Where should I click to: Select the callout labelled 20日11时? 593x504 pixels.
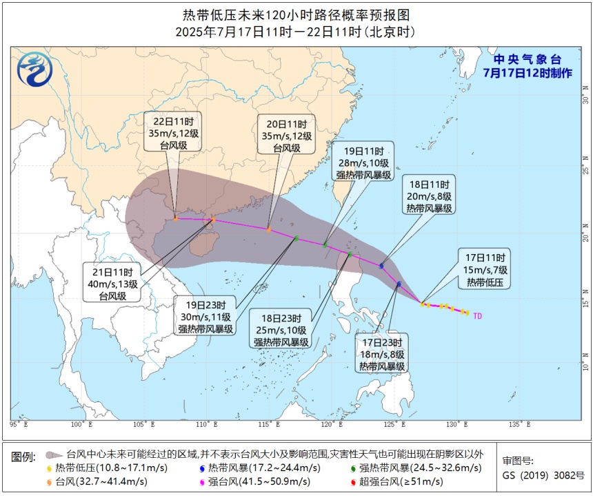click(286, 134)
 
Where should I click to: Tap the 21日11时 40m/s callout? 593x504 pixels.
click(112, 282)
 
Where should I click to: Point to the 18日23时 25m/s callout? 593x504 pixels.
click(282, 330)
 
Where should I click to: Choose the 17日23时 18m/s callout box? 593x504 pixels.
click(381, 353)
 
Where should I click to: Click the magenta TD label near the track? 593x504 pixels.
click(477, 315)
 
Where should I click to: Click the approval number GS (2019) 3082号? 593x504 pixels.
click(543, 475)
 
